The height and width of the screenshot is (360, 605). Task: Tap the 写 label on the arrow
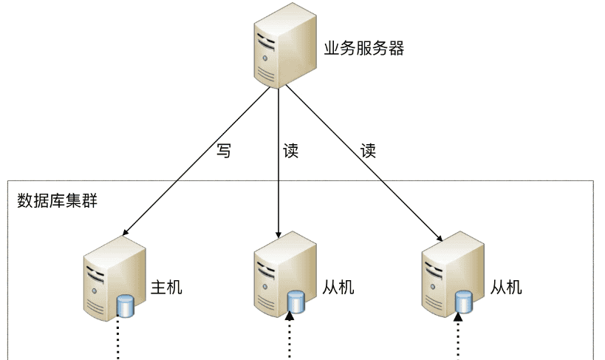coord(224,151)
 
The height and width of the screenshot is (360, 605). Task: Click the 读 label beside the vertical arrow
coord(291,151)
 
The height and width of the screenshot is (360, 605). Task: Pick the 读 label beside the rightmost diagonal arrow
coord(368,151)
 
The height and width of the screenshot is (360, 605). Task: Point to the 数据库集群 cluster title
coord(58,200)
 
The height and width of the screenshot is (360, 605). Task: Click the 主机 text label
coord(166,286)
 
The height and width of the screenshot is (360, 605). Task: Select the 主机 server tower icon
coord(108,277)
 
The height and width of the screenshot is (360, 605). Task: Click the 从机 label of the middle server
coord(338,286)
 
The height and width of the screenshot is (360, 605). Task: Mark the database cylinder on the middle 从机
coord(295,302)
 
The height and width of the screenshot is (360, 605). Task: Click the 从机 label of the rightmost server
coord(506,286)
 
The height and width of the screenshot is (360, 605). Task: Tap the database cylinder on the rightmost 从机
coord(463,302)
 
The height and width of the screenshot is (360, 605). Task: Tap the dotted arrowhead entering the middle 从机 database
coord(290,317)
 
